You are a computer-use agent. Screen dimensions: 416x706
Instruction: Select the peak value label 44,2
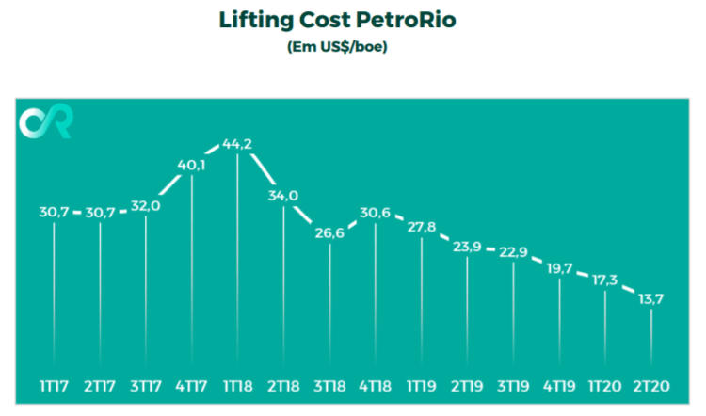coord(238,144)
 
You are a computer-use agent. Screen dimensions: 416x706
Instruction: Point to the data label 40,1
coord(193,166)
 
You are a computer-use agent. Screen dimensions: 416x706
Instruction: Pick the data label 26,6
coord(330,233)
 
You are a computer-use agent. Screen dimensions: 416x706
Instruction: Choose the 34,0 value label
coord(284,197)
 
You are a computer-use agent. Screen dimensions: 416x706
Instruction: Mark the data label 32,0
coord(147,207)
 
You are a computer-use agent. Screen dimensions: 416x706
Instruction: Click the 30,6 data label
coord(377,213)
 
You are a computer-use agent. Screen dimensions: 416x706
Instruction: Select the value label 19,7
coord(561,268)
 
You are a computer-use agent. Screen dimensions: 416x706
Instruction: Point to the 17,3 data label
coord(606,280)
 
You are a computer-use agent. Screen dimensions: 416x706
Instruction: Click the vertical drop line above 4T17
coord(193,273)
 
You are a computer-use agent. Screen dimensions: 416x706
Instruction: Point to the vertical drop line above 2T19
coord(469,311)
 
